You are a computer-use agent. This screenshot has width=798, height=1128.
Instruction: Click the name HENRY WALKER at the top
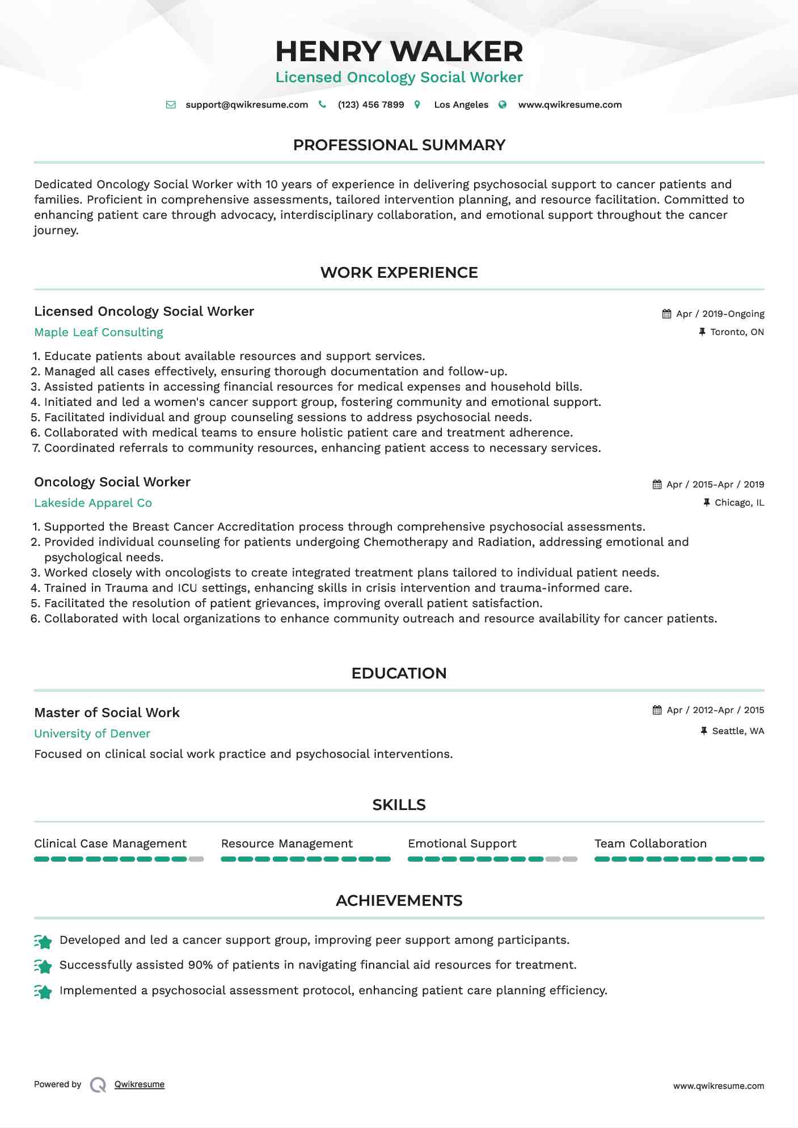pos(399,52)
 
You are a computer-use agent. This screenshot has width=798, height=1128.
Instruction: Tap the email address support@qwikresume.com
pos(247,105)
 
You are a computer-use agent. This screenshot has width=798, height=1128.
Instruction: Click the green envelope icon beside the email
pos(171,105)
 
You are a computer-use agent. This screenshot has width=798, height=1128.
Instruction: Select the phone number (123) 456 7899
pos(371,105)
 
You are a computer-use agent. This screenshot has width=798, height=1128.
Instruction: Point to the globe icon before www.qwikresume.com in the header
pos(503,105)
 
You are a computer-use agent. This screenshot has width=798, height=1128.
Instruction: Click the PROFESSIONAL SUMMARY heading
pos(399,145)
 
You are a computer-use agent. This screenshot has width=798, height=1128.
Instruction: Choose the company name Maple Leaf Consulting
pos(99,333)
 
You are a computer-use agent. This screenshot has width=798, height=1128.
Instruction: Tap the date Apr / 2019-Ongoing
pos(720,314)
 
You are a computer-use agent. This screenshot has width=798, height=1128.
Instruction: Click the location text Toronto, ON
pos(737,332)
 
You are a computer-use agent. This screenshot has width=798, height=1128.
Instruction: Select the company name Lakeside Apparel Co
pos(93,503)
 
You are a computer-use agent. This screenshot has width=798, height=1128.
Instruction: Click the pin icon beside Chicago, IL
pos(707,503)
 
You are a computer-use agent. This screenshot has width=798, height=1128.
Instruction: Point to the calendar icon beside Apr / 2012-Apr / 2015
pos(657,710)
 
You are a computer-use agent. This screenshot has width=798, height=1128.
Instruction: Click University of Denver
pos(92,734)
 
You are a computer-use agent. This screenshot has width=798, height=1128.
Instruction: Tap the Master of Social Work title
pos(107,713)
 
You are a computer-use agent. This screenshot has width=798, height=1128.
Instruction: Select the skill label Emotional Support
pos(462,844)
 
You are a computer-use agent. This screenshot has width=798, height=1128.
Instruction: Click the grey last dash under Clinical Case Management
pos(196,859)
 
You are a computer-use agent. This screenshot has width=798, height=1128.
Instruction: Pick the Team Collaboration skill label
pos(651,844)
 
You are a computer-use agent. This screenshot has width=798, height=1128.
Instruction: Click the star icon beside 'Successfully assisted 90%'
pos(43,966)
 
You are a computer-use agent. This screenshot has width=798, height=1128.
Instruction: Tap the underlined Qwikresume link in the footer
pos(140,1084)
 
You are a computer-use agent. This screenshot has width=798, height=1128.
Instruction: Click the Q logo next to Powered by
pos(98,1085)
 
